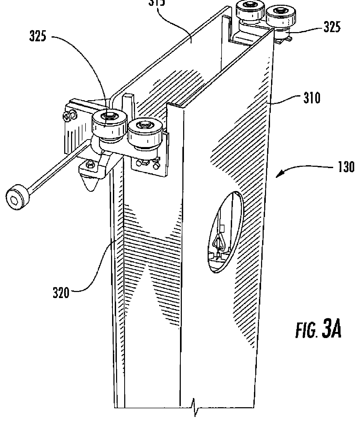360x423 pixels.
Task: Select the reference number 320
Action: pyautogui.click(x=61, y=293)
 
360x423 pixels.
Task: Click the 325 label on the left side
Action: pyautogui.click(x=37, y=37)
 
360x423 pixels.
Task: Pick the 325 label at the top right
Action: pyautogui.click(x=332, y=27)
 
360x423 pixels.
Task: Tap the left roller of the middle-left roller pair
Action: pyautogui.click(x=108, y=123)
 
